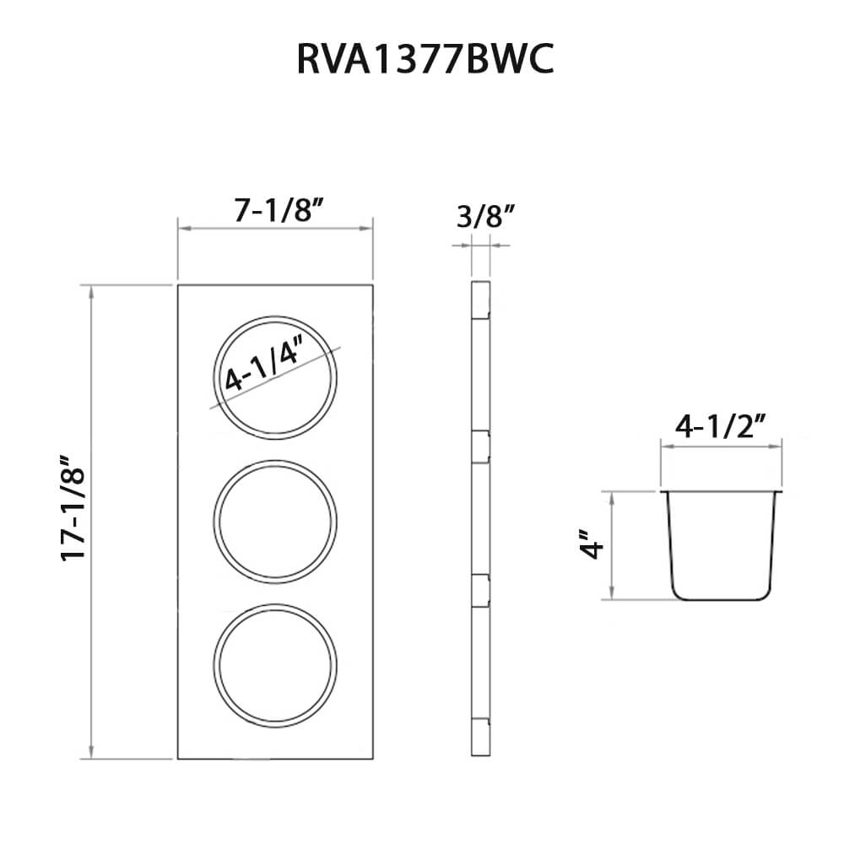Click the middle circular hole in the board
275,521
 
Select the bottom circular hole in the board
275,667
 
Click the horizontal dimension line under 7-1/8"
275,228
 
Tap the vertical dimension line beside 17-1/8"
90,523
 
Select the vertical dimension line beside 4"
611,545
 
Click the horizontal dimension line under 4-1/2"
722,448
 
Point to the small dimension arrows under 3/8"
480,246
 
